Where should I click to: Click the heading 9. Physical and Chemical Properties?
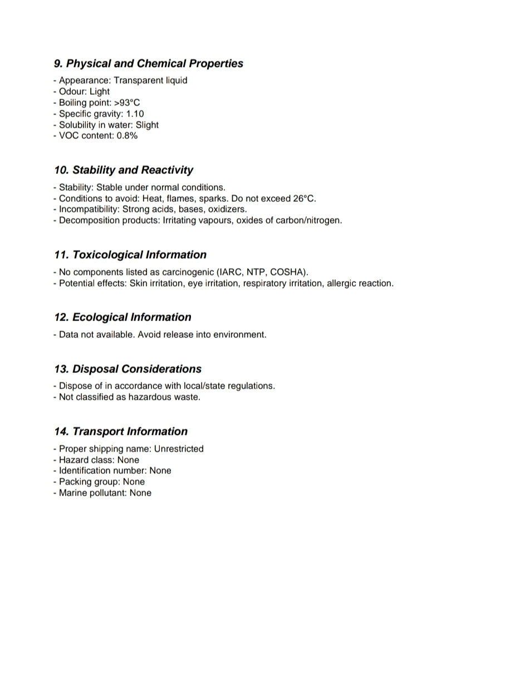click(149, 64)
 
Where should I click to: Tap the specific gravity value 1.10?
click(135, 114)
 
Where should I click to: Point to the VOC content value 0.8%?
click(127, 135)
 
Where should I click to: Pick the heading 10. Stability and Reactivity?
click(124, 170)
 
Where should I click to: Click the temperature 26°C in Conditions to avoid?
click(304, 198)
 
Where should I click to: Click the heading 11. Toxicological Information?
click(130, 255)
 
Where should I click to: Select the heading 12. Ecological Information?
click(122, 317)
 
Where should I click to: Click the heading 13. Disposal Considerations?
click(127, 369)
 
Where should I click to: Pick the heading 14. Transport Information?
click(121, 431)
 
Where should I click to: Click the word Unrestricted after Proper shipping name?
click(179, 449)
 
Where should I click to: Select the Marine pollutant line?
click(102, 493)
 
